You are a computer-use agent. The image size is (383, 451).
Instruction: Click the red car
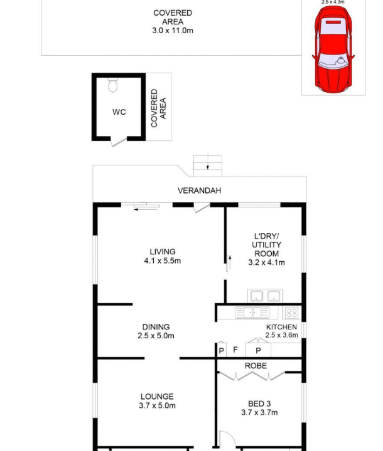click(333, 49)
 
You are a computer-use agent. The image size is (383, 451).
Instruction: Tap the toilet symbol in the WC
click(113, 85)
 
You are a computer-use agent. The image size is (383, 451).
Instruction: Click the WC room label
click(119, 112)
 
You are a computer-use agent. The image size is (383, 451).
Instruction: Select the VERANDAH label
click(199, 190)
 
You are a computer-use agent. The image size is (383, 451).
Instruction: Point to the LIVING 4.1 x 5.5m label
click(163, 256)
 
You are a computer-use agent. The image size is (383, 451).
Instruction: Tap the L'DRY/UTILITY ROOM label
click(266, 249)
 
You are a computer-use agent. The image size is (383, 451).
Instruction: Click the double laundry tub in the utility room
click(265, 296)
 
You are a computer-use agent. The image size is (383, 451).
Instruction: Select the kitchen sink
click(252, 313)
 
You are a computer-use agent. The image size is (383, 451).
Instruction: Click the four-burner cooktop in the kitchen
click(291, 313)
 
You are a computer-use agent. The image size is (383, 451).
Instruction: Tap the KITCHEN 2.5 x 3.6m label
click(281, 331)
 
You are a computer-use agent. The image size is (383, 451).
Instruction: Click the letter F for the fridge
click(235, 350)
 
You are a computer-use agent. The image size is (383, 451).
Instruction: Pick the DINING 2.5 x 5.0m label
click(156, 331)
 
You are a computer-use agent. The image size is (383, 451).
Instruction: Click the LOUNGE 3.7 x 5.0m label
click(157, 401)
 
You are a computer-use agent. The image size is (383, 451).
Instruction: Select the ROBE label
click(256, 366)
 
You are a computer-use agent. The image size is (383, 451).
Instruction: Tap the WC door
click(119, 142)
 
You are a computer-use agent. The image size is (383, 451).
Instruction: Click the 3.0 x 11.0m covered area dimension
click(173, 31)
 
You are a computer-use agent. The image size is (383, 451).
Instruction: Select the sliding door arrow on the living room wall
click(146, 209)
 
